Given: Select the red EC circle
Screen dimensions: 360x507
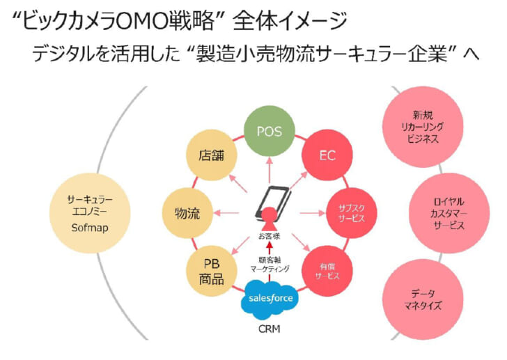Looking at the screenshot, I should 327,155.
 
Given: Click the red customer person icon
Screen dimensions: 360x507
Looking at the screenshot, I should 268,219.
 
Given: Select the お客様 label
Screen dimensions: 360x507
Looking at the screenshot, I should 269,237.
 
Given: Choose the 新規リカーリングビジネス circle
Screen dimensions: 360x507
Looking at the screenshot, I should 417,127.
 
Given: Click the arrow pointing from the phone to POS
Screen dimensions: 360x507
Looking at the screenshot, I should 269,168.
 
